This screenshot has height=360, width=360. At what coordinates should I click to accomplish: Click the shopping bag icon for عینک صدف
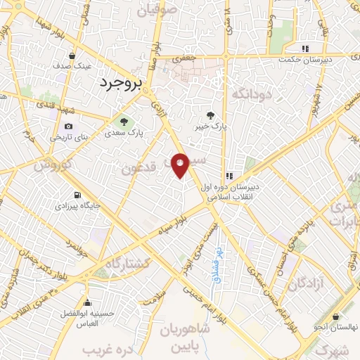point(72,55)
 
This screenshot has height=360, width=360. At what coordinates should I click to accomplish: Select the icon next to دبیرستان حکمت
point(304,49)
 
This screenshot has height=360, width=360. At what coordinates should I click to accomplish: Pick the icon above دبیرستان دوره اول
point(229,176)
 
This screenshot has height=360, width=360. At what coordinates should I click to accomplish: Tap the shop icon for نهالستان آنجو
point(336,316)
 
